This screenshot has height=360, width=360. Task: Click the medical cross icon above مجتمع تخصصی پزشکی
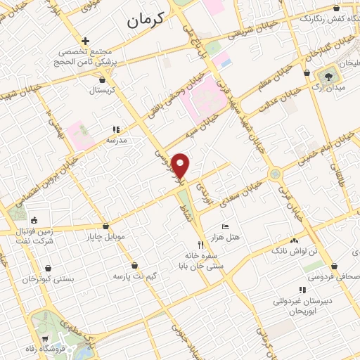pos(85,41)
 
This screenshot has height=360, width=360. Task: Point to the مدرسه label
pos(117,141)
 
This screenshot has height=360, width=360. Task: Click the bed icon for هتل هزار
pos(224,226)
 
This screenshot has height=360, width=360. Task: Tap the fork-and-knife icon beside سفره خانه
pos(201,245)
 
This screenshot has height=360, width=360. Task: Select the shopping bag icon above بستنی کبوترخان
pos(48,269)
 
